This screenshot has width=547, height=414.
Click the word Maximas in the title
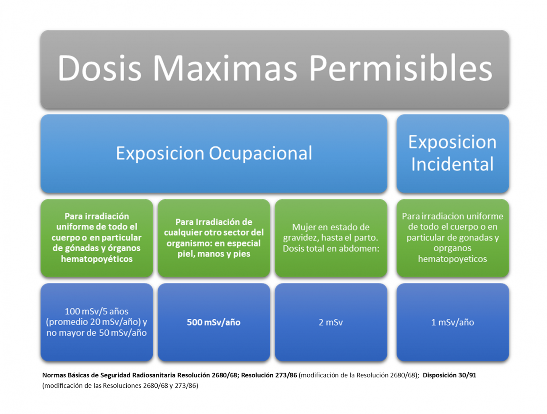click(224, 68)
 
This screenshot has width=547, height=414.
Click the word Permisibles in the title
click(401, 68)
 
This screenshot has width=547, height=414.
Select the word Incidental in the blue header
click(452, 164)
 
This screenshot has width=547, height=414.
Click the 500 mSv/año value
click(214, 322)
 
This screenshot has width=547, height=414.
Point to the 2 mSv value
click(331, 322)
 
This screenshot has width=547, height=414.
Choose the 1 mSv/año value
click(452, 322)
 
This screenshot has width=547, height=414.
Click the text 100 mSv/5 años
click(97, 311)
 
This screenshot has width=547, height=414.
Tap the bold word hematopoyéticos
click(97, 259)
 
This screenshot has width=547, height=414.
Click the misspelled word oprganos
click(452, 248)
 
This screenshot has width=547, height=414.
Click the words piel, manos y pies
click(214, 254)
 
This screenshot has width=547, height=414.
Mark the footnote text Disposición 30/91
click(449, 375)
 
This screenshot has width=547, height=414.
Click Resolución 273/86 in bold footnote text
click(269, 375)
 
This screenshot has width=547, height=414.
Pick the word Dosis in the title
click(100, 68)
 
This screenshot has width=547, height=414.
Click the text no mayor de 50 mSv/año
click(97, 332)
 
